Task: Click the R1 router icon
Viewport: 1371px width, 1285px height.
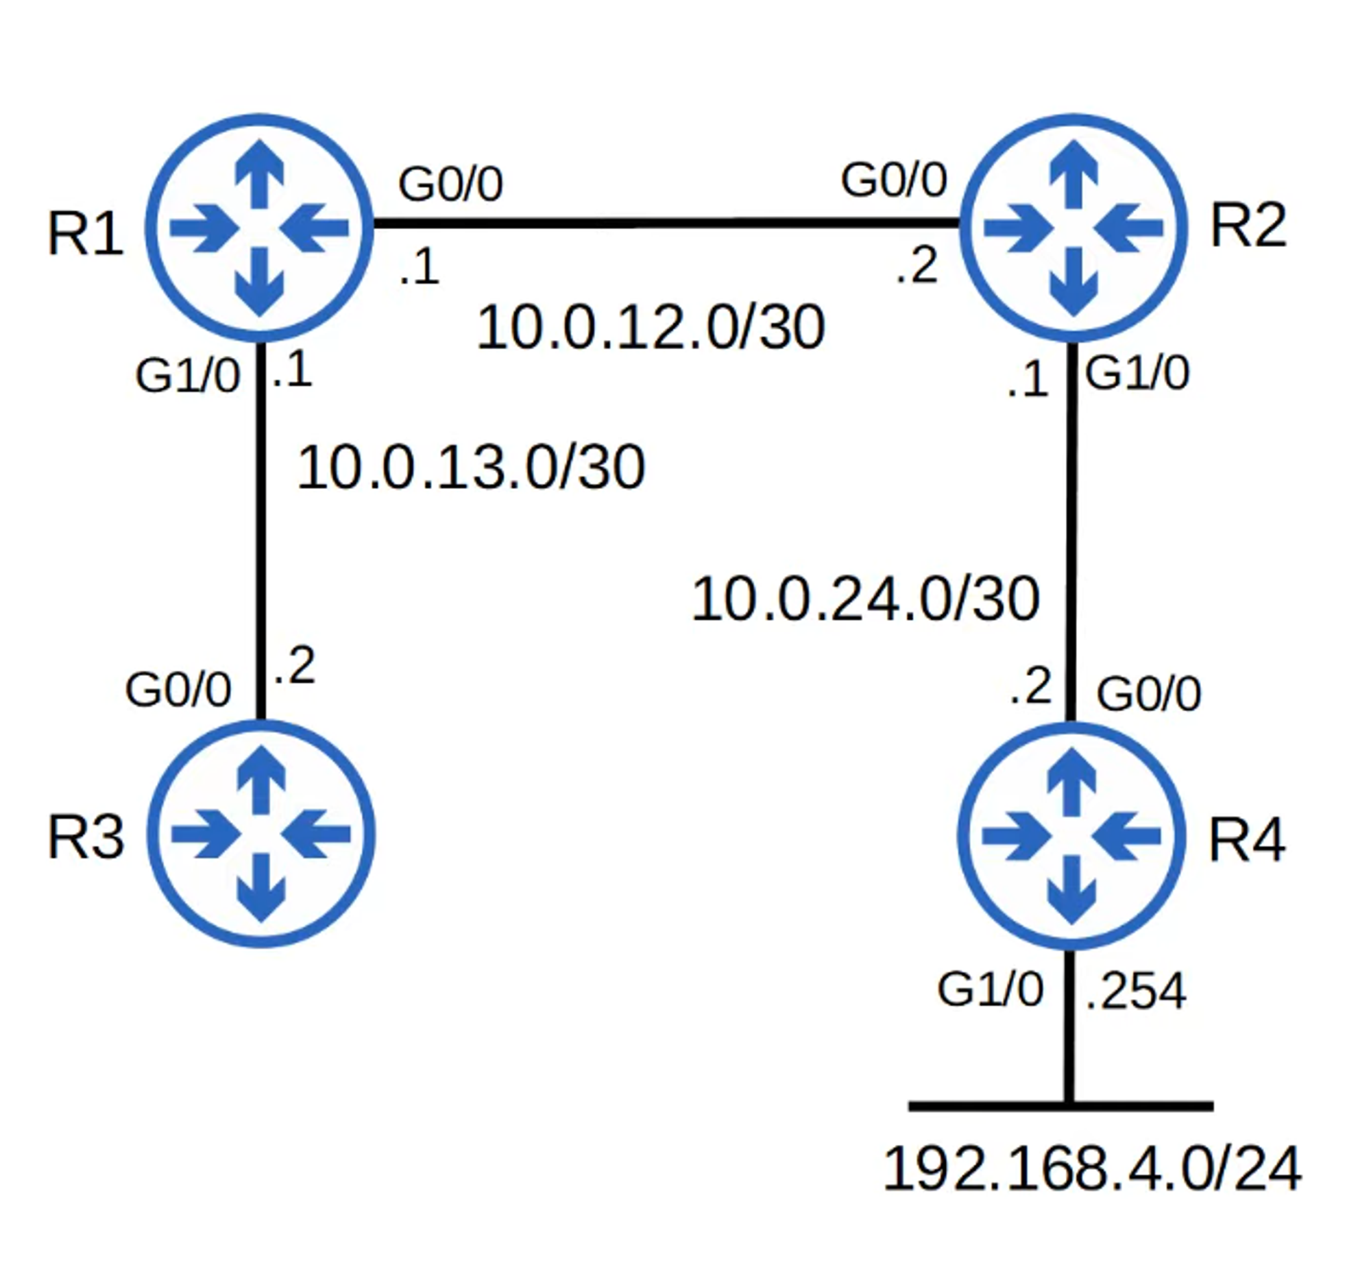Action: pos(259,228)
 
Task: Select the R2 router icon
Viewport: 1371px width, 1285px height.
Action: pos(1073,228)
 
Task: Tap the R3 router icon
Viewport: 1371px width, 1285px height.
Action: pos(260,834)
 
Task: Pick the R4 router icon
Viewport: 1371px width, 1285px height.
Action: pos(1071,836)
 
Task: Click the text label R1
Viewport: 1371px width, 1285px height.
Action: pos(85,235)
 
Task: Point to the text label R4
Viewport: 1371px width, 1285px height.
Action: pos(1246,839)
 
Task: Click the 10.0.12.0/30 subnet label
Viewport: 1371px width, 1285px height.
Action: pos(650,328)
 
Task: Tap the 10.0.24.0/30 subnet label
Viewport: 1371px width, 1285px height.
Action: pos(865,599)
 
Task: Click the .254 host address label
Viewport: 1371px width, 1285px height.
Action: pos(1136,990)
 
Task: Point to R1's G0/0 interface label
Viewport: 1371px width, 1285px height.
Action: pos(450,184)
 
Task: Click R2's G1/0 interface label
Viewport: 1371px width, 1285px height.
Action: pos(1137,373)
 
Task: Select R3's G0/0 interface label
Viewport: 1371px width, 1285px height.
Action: pos(178,689)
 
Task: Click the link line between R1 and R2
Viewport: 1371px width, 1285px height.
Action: pos(666,223)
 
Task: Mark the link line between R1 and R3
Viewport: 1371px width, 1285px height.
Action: pos(260,531)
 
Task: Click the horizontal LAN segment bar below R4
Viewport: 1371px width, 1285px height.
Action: pos(1138,1106)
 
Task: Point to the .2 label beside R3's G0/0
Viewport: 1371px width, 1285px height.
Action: pos(294,666)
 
